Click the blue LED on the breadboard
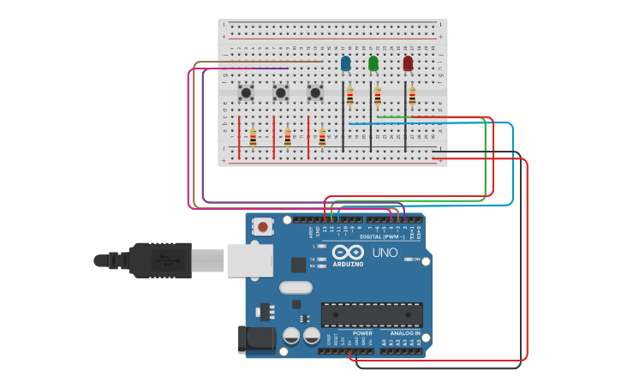coord(345,63)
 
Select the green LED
coord(373,63)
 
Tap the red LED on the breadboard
coord(408,63)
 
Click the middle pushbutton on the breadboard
coord(280,92)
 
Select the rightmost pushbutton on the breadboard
coord(314,92)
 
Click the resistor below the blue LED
coord(349,97)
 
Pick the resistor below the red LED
coord(412,97)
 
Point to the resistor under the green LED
coord(377,97)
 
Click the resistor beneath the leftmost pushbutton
coord(253,137)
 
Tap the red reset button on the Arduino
coord(263,227)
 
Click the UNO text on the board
coord(385,253)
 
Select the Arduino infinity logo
coord(348,253)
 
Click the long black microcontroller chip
coord(372,314)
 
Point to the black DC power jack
coord(256,339)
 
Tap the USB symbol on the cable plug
coord(161,260)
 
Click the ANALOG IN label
coord(405,332)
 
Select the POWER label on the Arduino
coord(362,332)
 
